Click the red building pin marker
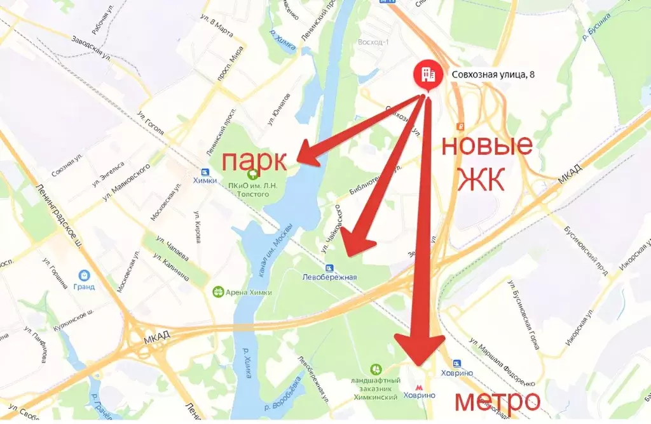[x=426, y=75]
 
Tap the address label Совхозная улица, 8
[x=493, y=74]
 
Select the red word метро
[x=497, y=401]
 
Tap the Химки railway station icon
[x=205, y=172]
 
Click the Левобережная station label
[x=329, y=277]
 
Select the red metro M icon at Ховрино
[x=418, y=385]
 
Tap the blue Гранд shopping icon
[x=84, y=275]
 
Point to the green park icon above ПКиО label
[x=254, y=172]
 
